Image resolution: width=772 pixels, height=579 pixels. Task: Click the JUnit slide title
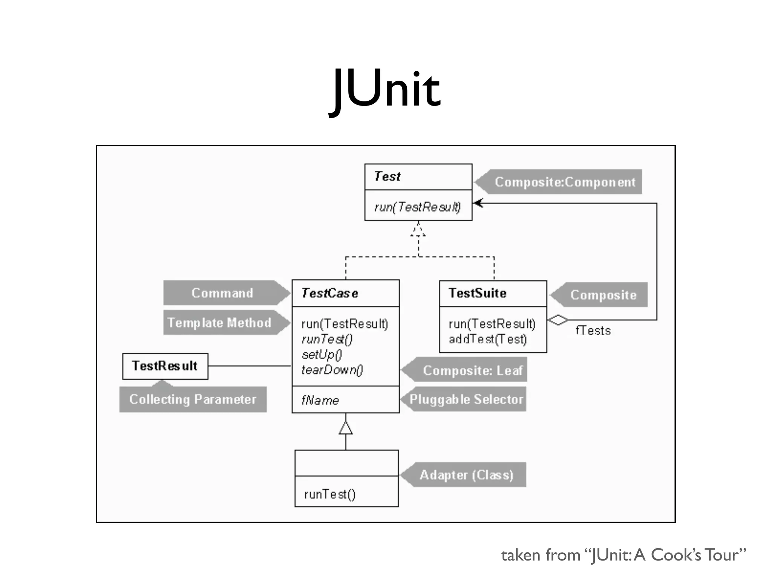pyautogui.click(x=386, y=90)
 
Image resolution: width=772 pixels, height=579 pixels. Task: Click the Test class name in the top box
pyautogui.click(x=387, y=176)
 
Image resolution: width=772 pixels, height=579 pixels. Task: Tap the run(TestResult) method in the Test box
pyautogui.click(x=417, y=207)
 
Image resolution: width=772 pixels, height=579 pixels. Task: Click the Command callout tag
pyautogui.click(x=222, y=293)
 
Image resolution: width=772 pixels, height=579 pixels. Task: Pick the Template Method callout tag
pyautogui.click(x=220, y=323)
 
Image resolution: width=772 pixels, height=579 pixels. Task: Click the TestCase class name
pyautogui.click(x=329, y=293)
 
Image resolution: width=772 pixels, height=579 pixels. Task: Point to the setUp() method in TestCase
pyautogui.click(x=322, y=355)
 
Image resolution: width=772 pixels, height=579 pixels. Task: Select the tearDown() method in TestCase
pyautogui.click(x=332, y=370)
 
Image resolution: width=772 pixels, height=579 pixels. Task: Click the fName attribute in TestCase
pyautogui.click(x=320, y=400)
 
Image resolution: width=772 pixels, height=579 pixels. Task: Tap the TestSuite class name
pyautogui.click(x=477, y=293)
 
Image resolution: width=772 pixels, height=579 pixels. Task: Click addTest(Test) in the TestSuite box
pyautogui.click(x=487, y=339)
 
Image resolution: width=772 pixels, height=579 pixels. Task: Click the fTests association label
pyautogui.click(x=593, y=331)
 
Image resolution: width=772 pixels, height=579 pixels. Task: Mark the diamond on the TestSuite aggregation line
pyautogui.click(x=558, y=320)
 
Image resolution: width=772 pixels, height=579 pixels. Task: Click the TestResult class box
pyautogui.click(x=165, y=366)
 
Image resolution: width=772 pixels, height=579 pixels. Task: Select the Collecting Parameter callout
pyautogui.click(x=193, y=400)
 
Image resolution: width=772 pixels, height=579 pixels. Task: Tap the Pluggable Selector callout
pyautogui.click(x=466, y=400)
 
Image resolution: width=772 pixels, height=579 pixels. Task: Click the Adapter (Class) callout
pyautogui.click(x=466, y=475)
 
